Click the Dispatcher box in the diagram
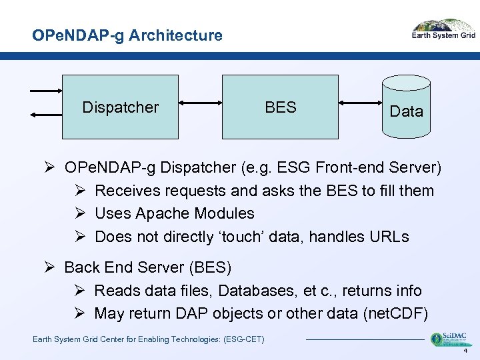[120, 107]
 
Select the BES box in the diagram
[280, 107]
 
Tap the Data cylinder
[406, 107]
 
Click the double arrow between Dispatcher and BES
[200, 103]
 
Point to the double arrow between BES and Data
[359, 103]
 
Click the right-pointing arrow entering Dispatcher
[45, 91]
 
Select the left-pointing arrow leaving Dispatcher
[45, 115]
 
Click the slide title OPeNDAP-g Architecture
[127, 35]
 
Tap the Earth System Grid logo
[443, 30]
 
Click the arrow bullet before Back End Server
[50, 268]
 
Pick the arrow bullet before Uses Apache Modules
[79, 213]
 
